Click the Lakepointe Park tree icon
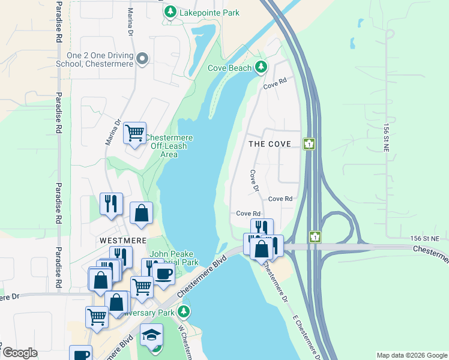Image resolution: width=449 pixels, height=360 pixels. pyautogui.click(x=170, y=12)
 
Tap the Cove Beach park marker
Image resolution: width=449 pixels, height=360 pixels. pyautogui.click(x=261, y=67)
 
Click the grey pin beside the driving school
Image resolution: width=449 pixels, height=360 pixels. pyautogui.click(x=142, y=59)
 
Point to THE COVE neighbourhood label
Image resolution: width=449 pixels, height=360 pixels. pyautogui.click(x=270, y=144)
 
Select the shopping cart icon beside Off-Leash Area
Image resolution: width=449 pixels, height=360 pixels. pyautogui.click(x=135, y=132)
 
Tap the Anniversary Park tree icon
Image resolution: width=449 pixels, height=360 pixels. pyautogui.click(x=184, y=312)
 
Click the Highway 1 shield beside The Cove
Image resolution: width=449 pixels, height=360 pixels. pyautogui.click(x=309, y=144)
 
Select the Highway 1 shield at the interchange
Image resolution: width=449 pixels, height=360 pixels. pyautogui.click(x=315, y=236)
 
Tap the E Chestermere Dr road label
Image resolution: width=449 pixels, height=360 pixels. pyautogui.click(x=304, y=336)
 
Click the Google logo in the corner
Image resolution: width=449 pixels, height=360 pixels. pyautogui.click(x=19, y=353)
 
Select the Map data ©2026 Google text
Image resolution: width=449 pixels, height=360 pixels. pyautogui.click(x=411, y=355)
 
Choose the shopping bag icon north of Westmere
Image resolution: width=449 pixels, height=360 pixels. pyautogui.click(x=141, y=213)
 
